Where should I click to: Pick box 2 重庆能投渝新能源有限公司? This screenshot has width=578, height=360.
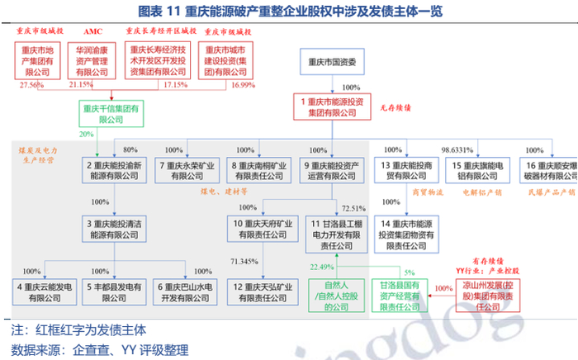(x=112, y=170)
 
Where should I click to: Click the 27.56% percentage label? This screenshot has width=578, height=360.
(x=30, y=84)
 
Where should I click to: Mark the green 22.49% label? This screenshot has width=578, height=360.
(x=322, y=267)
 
